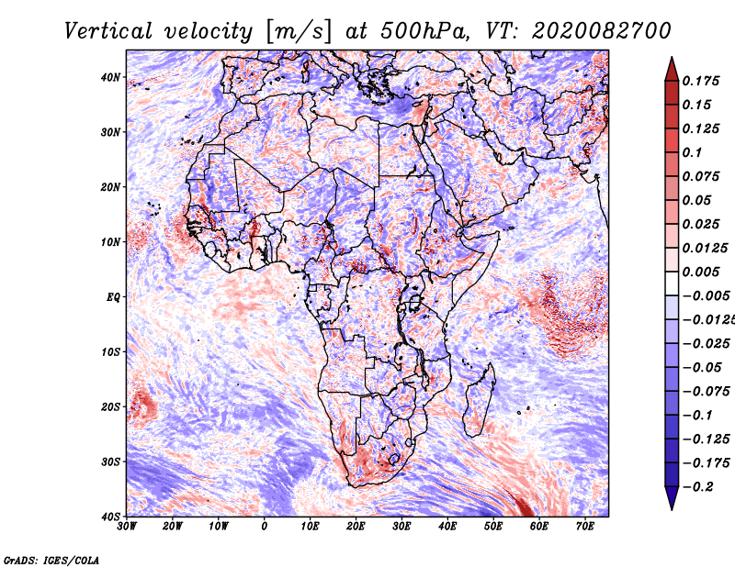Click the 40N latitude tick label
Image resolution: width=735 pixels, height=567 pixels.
[x=110, y=77]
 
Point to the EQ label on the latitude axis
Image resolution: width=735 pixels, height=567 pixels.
[x=113, y=297]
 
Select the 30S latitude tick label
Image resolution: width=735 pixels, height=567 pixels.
[x=110, y=462]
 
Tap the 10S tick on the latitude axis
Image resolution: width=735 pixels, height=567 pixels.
[x=110, y=352]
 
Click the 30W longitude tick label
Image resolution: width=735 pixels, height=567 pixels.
[x=127, y=527]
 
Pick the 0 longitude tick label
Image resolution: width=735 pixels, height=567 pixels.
[x=265, y=527]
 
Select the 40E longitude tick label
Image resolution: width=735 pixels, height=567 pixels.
[x=447, y=527]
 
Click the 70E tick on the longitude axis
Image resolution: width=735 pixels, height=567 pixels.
[x=585, y=527]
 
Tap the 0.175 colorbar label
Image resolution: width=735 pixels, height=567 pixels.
[x=700, y=82]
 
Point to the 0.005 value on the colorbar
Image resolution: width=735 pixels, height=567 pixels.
[x=700, y=272]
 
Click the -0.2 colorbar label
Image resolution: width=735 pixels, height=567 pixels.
[x=697, y=487]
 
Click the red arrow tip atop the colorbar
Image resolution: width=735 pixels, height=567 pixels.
[x=672, y=58]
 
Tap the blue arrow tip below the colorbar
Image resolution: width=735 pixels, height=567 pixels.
[x=672, y=509]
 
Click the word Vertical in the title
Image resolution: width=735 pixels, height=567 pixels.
[x=107, y=31]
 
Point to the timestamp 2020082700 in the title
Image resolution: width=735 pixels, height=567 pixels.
[x=602, y=31]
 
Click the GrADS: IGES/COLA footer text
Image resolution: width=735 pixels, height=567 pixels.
[x=51, y=560]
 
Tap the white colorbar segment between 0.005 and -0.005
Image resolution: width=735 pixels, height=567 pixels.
[x=672, y=283]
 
